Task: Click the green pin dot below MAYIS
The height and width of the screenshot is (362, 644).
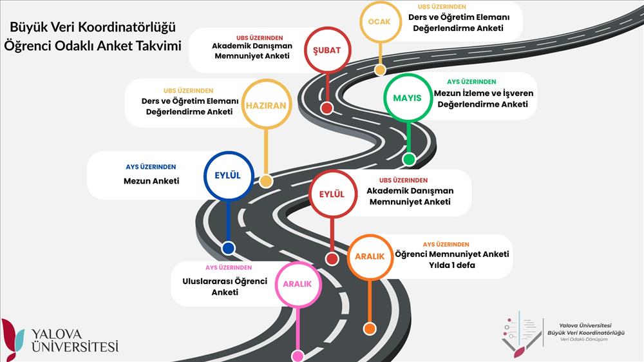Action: [x=409, y=159]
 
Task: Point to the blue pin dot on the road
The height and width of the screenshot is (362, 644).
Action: [x=229, y=248]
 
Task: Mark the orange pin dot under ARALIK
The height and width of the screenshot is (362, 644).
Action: [x=370, y=329]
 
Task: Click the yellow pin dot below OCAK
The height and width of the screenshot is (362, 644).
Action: [x=381, y=70]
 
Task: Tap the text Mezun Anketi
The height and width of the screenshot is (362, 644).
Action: [x=151, y=181]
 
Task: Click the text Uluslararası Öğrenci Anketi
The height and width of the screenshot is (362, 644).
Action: [x=225, y=287]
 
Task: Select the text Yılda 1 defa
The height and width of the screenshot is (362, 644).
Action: [x=452, y=265]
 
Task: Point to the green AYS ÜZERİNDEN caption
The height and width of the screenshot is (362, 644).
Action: [x=471, y=82]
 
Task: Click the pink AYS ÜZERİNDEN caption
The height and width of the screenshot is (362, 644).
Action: [x=229, y=267]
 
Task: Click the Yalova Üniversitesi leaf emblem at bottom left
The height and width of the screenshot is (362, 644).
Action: [x=12, y=339]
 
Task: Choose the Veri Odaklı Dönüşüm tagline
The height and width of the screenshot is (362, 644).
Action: [x=583, y=339]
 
